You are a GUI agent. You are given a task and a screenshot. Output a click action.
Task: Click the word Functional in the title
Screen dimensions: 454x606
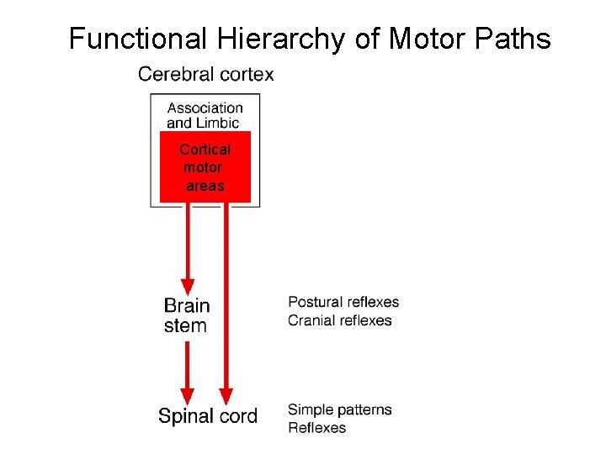(137, 40)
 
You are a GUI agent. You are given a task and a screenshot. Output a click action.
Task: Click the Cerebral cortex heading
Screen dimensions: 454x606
(206, 74)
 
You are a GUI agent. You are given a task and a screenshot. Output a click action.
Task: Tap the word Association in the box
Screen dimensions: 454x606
(205, 108)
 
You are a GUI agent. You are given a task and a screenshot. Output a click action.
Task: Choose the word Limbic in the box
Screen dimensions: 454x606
(218, 123)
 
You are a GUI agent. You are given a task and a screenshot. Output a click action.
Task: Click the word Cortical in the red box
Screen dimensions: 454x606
(205, 150)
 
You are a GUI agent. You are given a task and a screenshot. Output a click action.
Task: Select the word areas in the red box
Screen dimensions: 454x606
(205, 186)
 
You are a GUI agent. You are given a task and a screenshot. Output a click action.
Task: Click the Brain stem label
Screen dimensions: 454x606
(186, 315)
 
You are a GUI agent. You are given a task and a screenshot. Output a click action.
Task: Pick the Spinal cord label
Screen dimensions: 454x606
(208, 416)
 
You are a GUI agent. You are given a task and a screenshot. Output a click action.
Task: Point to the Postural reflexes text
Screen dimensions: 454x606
(343, 302)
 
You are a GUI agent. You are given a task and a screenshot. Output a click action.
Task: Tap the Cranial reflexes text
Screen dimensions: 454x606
(340, 320)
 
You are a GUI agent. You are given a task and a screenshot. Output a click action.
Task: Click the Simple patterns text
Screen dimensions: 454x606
(340, 409)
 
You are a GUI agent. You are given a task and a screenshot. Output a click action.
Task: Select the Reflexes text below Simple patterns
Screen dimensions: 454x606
(317, 428)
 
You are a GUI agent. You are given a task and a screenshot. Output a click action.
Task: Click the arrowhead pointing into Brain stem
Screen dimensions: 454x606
(188, 287)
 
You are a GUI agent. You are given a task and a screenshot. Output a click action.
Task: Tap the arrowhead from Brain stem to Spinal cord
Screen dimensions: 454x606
(188, 394)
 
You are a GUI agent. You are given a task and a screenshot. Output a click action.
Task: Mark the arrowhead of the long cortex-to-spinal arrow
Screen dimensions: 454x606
(226, 394)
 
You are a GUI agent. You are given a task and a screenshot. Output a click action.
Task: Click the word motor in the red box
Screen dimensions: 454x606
(203, 167)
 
